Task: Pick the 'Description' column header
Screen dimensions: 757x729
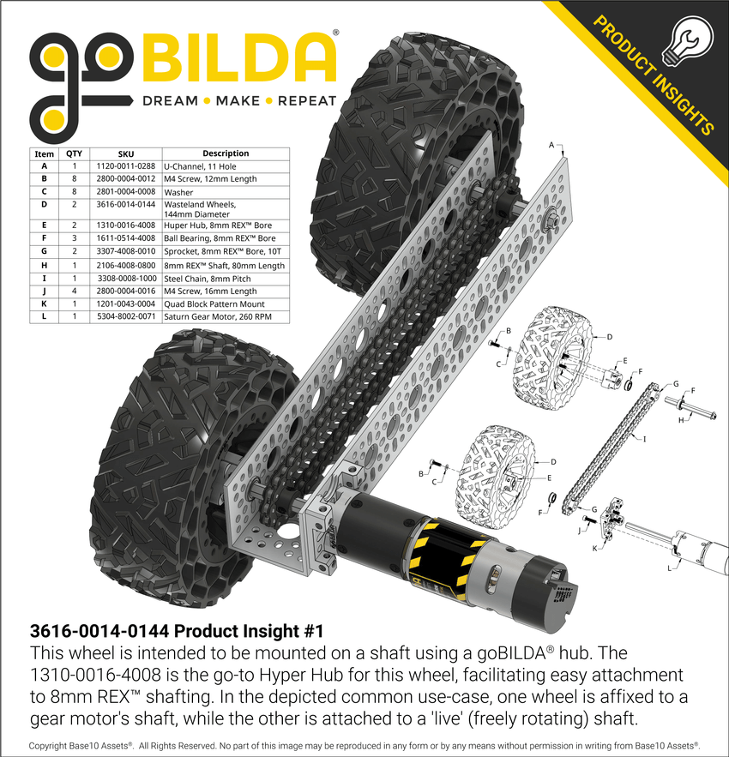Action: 226,153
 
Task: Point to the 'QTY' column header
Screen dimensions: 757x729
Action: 75,153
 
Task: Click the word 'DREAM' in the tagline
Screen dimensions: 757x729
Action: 170,101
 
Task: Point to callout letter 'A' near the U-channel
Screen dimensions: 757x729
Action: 551,146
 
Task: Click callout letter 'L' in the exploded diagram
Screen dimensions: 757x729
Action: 669,568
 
